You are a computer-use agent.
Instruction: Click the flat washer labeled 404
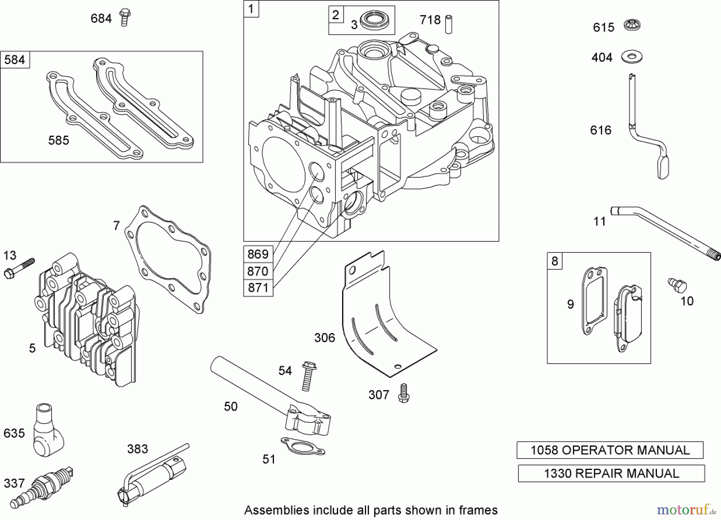[x=632, y=56]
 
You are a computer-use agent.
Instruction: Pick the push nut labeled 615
[x=632, y=26]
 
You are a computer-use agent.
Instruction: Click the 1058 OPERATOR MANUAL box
[x=610, y=450]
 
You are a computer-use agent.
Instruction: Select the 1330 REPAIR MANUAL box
[x=611, y=473]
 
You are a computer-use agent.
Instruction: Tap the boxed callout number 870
[x=258, y=271]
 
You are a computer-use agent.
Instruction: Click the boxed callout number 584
[x=15, y=60]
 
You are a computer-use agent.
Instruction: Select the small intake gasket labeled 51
[x=302, y=446]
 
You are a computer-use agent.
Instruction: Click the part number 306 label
[x=324, y=338]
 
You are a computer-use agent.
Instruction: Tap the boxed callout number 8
[x=554, y=261]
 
